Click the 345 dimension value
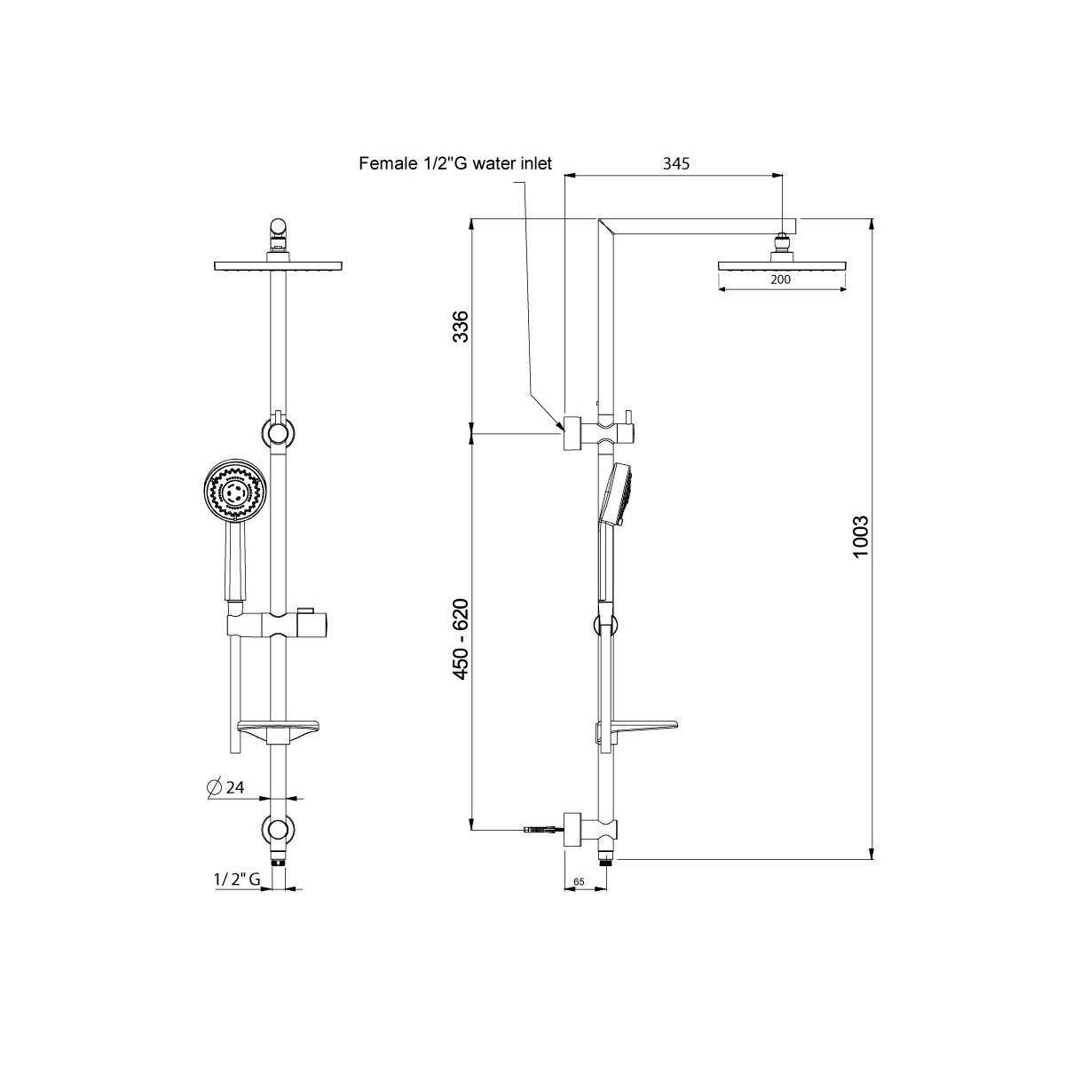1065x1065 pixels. point(676,163)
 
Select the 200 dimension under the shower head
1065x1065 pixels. point(780,280)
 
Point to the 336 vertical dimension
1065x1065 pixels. point(461,327)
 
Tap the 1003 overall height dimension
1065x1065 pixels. point(861,537)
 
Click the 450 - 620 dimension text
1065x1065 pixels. point(461,639)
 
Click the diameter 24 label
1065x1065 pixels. point(225,787)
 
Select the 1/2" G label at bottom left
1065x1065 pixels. point(237,879)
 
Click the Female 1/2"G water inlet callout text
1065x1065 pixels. point(455,163)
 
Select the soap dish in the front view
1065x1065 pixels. point(278,730)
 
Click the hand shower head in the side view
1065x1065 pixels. point(617,493)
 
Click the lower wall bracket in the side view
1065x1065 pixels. point(590,846)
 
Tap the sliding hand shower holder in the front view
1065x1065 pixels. point(278,626)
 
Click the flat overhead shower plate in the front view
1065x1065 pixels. point(278,265)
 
